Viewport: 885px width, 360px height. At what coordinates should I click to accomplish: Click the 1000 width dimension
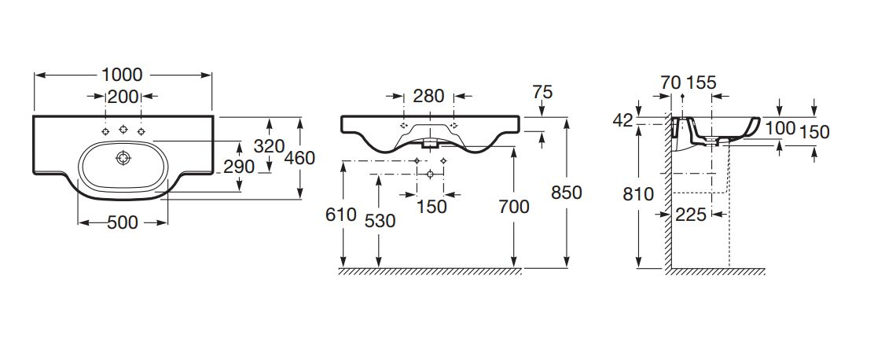(122, 75)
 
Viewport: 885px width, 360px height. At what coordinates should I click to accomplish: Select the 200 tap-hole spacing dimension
(123, 97)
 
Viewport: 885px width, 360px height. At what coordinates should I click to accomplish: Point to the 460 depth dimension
(299, 158)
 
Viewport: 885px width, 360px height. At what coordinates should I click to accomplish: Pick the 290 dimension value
(239, 167)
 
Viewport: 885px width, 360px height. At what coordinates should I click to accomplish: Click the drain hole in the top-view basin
(123, 158)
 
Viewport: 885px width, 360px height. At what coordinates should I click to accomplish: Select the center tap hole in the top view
(123, 129)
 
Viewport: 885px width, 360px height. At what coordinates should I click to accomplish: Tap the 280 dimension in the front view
(428, 97)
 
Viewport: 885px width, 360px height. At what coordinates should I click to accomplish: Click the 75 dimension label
(542, 92)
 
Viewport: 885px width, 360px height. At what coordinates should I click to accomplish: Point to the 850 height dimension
(567, 193)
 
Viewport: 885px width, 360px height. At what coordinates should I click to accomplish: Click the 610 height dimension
(341, 215)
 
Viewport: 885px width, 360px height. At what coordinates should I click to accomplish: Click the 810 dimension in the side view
(637, 193)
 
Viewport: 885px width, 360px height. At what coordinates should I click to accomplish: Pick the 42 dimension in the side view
(623, 119)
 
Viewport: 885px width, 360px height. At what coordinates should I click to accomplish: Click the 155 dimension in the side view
(700, 83)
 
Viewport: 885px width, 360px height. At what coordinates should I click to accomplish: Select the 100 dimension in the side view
(780, 127)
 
